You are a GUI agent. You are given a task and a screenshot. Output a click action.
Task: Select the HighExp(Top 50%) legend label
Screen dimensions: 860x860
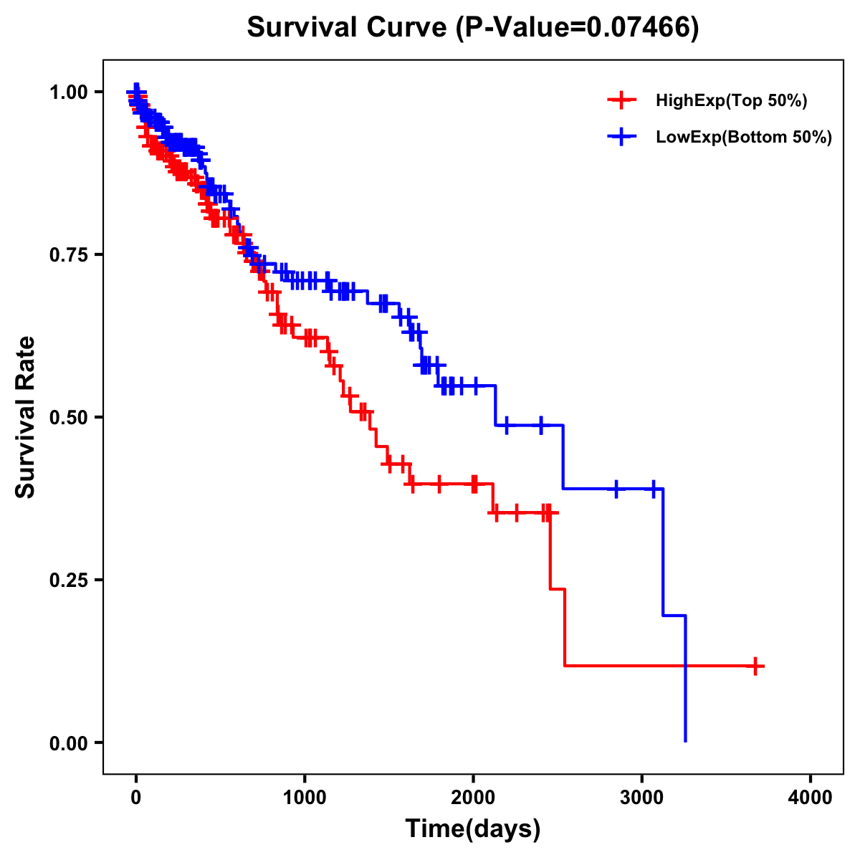pos(731,101)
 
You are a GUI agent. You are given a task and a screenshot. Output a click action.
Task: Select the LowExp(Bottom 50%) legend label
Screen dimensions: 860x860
pos(744,138)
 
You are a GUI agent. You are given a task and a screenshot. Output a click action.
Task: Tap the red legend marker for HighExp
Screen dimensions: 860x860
pos(621,101)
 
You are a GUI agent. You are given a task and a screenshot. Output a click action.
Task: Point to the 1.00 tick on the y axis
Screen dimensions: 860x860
pos(68,92)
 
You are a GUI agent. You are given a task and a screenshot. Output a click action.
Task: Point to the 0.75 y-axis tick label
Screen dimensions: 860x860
pos(68,255)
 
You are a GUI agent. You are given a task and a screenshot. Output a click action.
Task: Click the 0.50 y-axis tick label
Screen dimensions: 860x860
pos(68,418)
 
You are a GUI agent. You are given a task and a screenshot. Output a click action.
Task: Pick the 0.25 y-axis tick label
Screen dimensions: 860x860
pos(68,580)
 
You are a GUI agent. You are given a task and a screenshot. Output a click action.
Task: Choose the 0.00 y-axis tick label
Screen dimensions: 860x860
pos(68,743)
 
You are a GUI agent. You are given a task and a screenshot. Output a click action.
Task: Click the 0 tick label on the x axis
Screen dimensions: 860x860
pos(136,798)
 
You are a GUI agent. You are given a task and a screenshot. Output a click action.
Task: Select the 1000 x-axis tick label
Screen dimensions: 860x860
pos(305,798)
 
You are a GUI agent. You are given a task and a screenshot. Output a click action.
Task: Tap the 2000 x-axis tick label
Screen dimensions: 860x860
pos(473,798)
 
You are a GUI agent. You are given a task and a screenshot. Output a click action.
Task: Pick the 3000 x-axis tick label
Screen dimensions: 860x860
pos(642,798)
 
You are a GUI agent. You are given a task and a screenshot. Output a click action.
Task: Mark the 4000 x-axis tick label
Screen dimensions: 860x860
pos(811,798)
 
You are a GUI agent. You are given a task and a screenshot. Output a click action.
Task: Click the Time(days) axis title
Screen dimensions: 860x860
pos(473,829)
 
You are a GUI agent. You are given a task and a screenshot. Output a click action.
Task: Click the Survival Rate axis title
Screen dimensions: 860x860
pos(26,417)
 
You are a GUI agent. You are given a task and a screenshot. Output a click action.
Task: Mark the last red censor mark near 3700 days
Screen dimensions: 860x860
pos(755,666)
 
